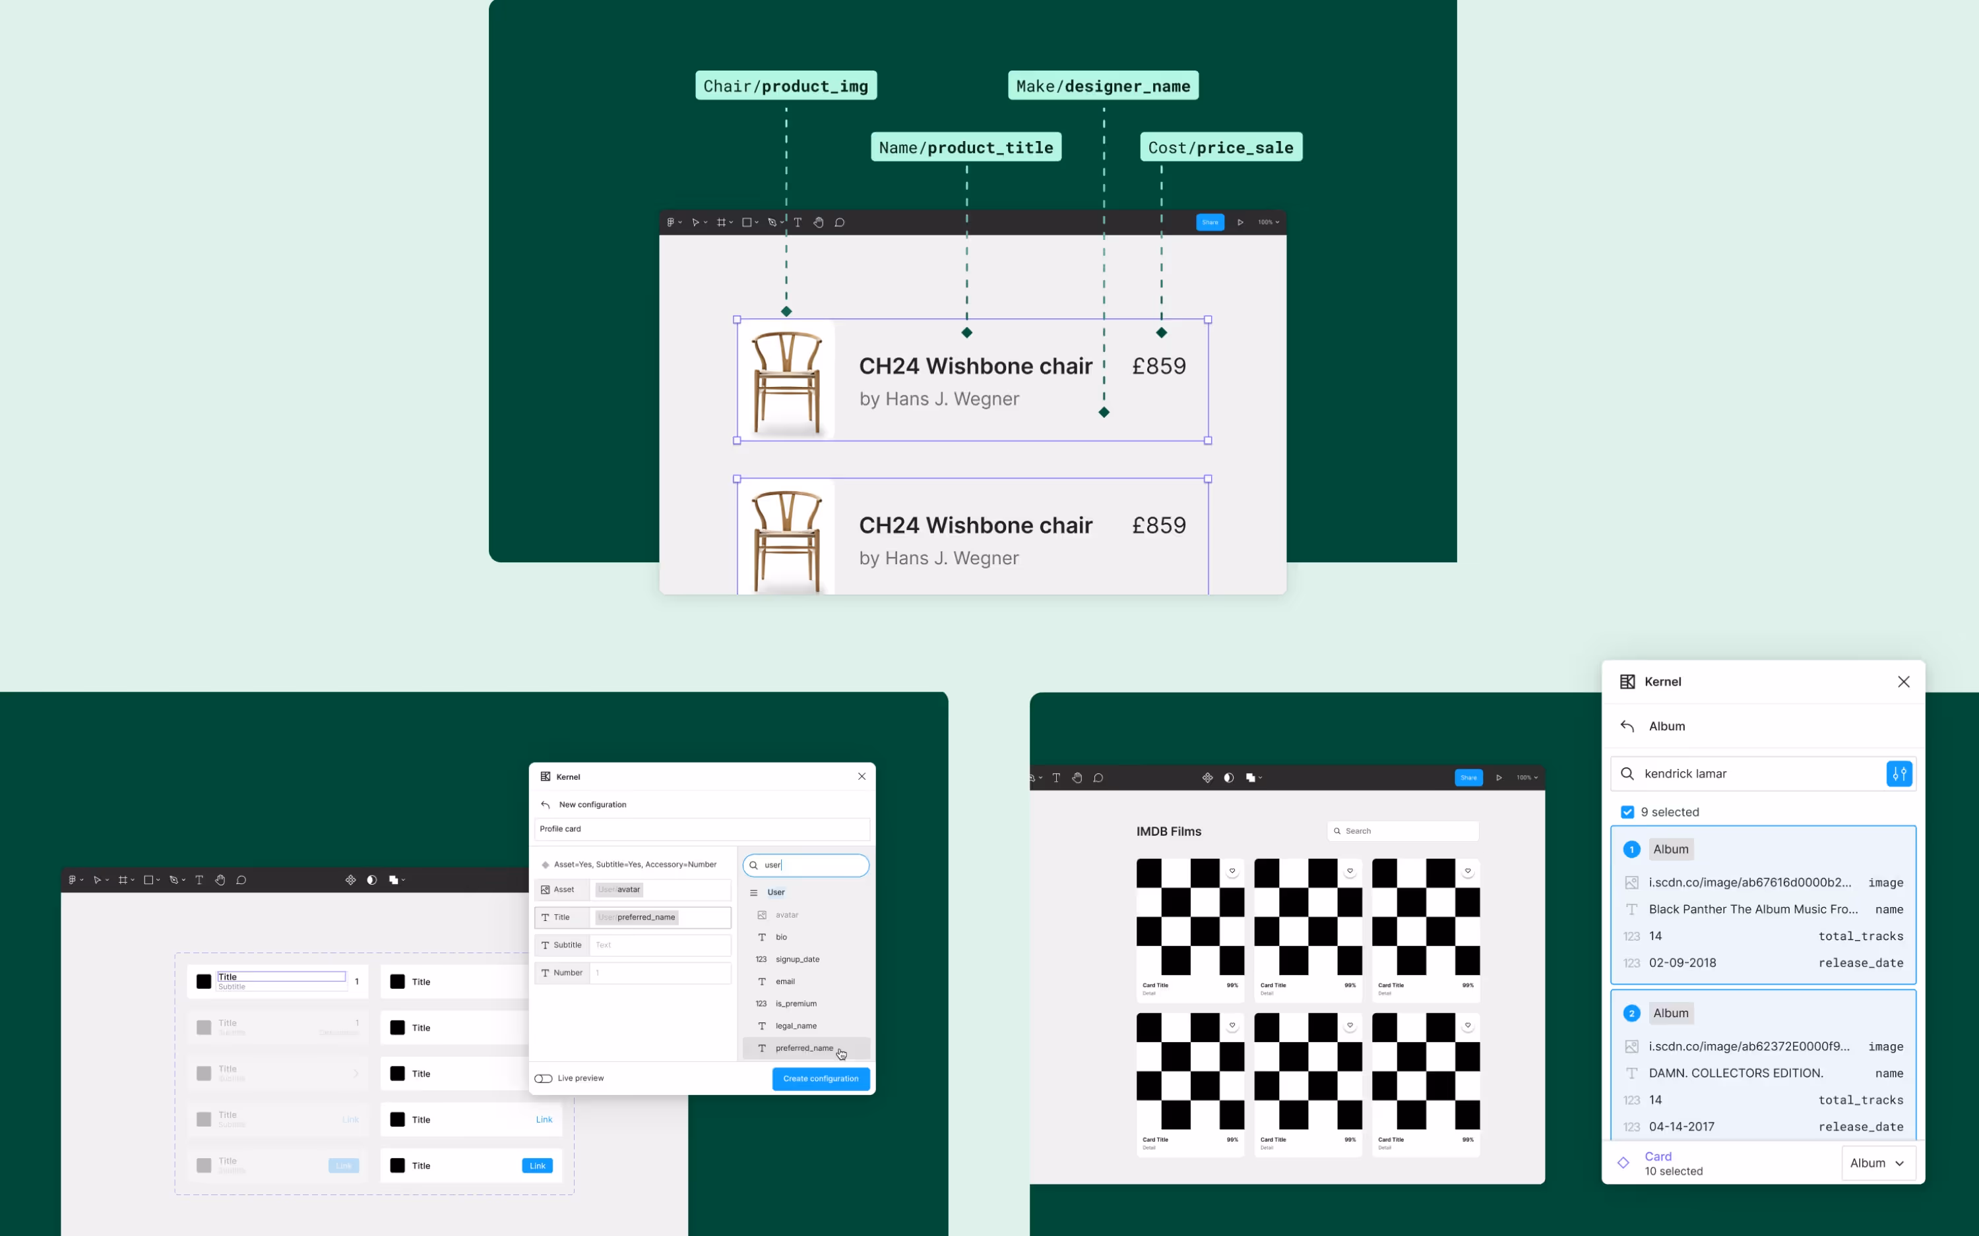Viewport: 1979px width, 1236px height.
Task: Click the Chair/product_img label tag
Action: [785, 86]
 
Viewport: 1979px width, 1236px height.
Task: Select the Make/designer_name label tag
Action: [1102, 86]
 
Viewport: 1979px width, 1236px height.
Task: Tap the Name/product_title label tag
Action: [965, 147]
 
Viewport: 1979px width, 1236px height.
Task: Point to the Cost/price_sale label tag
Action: [1220, 147]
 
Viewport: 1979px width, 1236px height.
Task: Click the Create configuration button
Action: [820, 1078]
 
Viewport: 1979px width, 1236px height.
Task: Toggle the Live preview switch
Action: [544, 1078]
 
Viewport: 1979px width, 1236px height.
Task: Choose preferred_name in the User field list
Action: [804, 1048]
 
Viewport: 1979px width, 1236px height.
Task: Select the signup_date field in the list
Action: [798, 959]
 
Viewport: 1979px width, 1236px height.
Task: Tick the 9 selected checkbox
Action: [1627, 811]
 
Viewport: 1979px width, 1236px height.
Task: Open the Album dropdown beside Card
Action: [1877, 1162]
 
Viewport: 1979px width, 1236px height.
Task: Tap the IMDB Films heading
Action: [1168, 831]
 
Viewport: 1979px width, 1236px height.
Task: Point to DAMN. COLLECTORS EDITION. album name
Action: [1736, 1073]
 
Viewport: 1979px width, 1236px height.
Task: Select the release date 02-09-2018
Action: [1682, 962]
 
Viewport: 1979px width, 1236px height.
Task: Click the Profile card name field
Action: [702, 829]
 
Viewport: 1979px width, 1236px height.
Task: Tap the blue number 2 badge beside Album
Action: [1631, 1013]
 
